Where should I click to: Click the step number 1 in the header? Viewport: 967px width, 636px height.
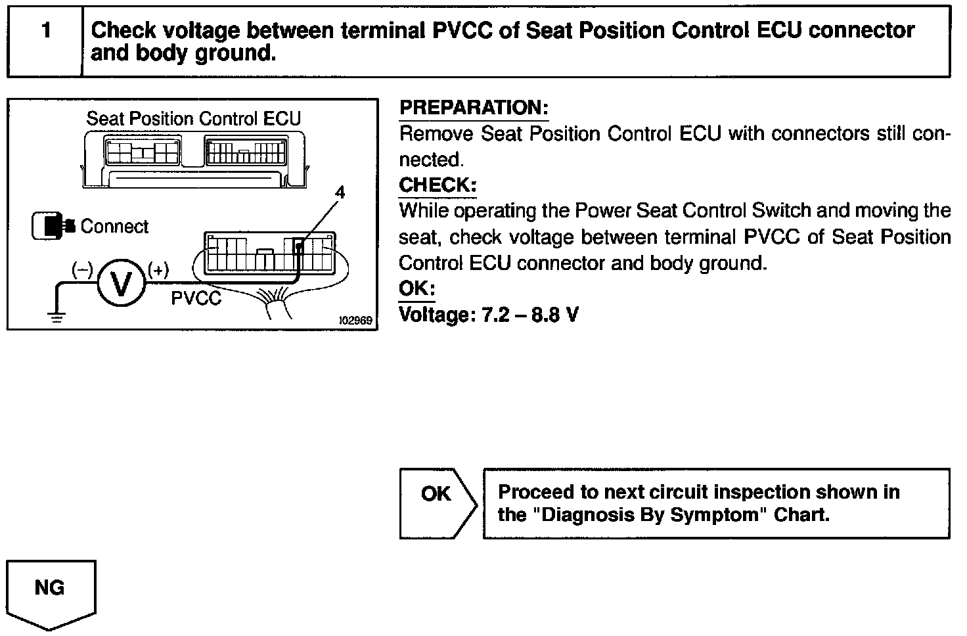[x=45, y=31]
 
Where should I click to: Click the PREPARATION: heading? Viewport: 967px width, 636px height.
[x=474, y=108]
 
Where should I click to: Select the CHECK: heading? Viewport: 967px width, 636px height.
[x=437, y=185]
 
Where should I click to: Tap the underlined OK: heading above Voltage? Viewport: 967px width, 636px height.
[x=416, y=289]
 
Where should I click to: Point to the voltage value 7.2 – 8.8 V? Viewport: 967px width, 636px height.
[x=530, y=315]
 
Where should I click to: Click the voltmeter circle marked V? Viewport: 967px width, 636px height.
[x=121, y=283]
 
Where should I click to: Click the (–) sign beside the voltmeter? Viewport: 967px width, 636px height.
[x=82, y=269]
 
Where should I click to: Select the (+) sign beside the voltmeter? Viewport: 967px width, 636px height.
[x=158, y=269]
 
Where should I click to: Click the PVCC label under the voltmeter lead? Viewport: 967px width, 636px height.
[x=196, y=299]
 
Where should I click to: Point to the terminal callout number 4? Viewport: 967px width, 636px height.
[x=340, y=193]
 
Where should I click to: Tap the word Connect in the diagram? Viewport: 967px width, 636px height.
[x=114, y=227]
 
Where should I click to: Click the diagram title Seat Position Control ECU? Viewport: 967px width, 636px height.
[x=193, y=118]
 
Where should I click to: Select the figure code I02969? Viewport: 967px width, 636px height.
[x=355, y=321]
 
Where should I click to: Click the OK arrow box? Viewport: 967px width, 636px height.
[x=437, y=503]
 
